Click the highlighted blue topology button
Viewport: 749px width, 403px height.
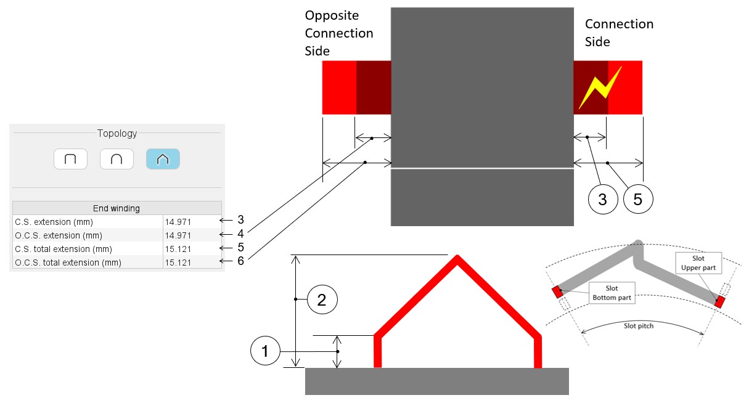click(163, 159)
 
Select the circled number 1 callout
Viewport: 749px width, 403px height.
click(265, 351)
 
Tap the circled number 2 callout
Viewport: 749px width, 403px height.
click(322, 300)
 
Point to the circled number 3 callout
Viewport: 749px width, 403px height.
click(602, 198)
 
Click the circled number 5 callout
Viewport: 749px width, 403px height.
click(637, 198)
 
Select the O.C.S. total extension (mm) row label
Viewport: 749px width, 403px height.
click(68, 263)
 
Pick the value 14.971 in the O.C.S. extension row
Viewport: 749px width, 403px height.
click(178, 235)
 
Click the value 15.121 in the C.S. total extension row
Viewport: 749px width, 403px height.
click(178, 249)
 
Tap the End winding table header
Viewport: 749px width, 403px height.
click(116, 208)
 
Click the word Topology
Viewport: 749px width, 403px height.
click(117, 133)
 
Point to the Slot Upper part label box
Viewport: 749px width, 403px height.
click(697, 263)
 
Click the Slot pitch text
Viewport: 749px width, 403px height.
click(638, 325)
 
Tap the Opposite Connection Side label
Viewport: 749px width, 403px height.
click(338, 33)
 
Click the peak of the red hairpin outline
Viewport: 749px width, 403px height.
click(457, 257)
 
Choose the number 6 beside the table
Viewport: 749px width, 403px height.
click(241, 261)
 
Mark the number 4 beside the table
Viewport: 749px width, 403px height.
click(241, 234)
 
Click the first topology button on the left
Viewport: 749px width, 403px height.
click(70, 159)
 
